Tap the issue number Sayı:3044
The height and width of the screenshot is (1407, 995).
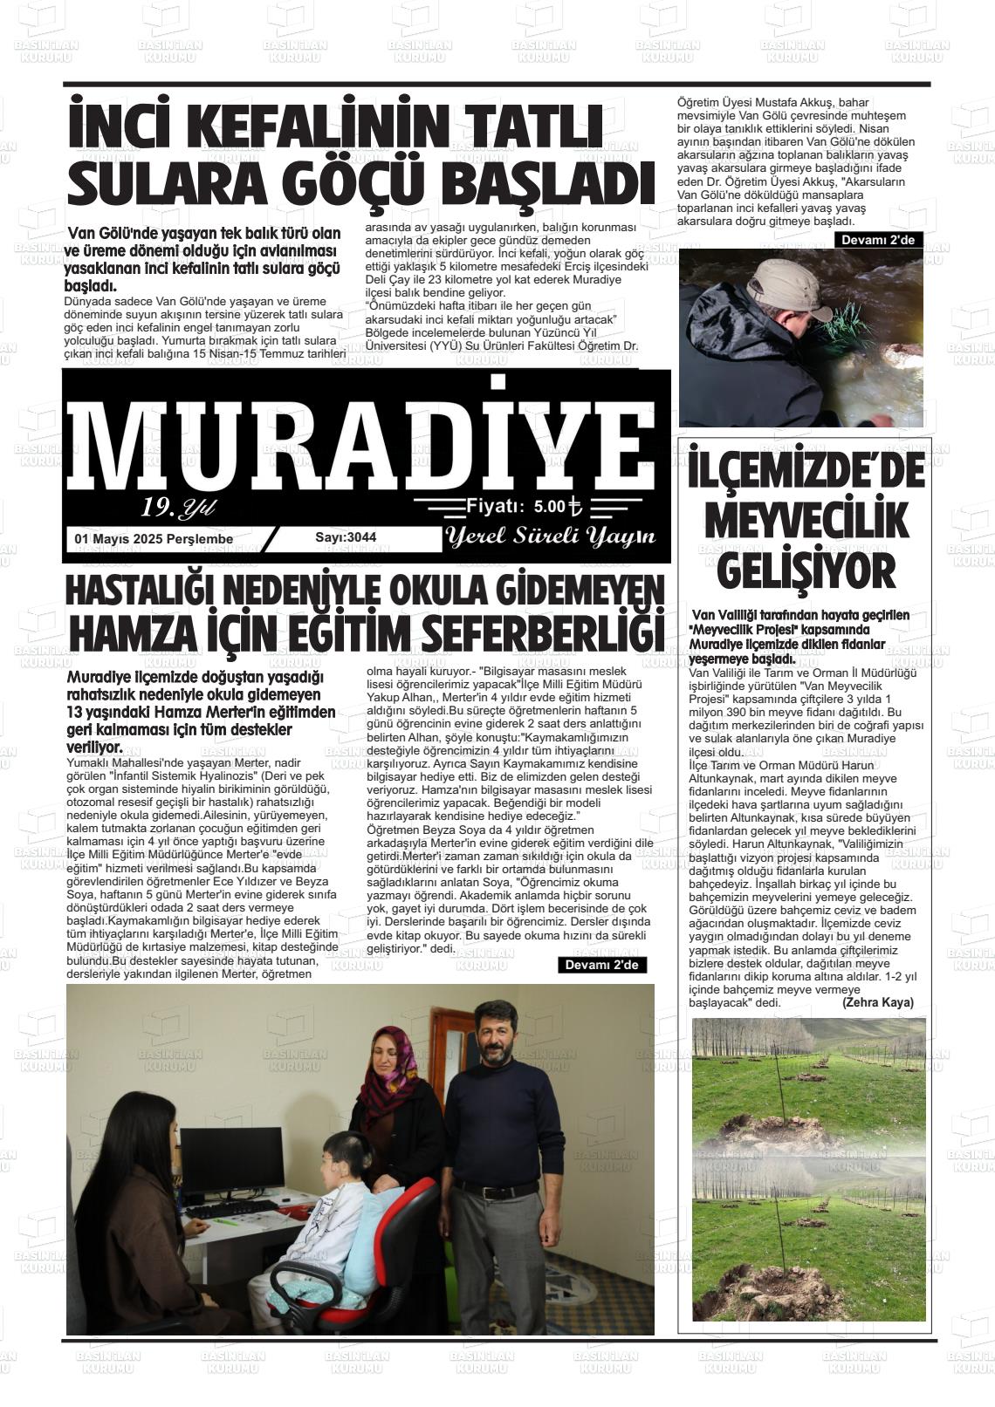click(x=346, y=537)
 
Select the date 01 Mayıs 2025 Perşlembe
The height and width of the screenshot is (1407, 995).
click(x=154, y=539)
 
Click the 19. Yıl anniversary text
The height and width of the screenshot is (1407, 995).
click(x=178, y=508)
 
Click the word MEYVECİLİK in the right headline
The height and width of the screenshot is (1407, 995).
click(x=806, y=521)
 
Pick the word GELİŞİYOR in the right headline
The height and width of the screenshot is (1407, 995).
click(x=806, y=572)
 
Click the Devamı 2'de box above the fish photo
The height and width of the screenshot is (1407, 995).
click(x=877, y=240)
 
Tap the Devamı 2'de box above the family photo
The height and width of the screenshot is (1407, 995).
click(x=602, y=965)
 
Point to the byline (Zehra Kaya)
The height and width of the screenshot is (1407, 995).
click(x=877, y=1003)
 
